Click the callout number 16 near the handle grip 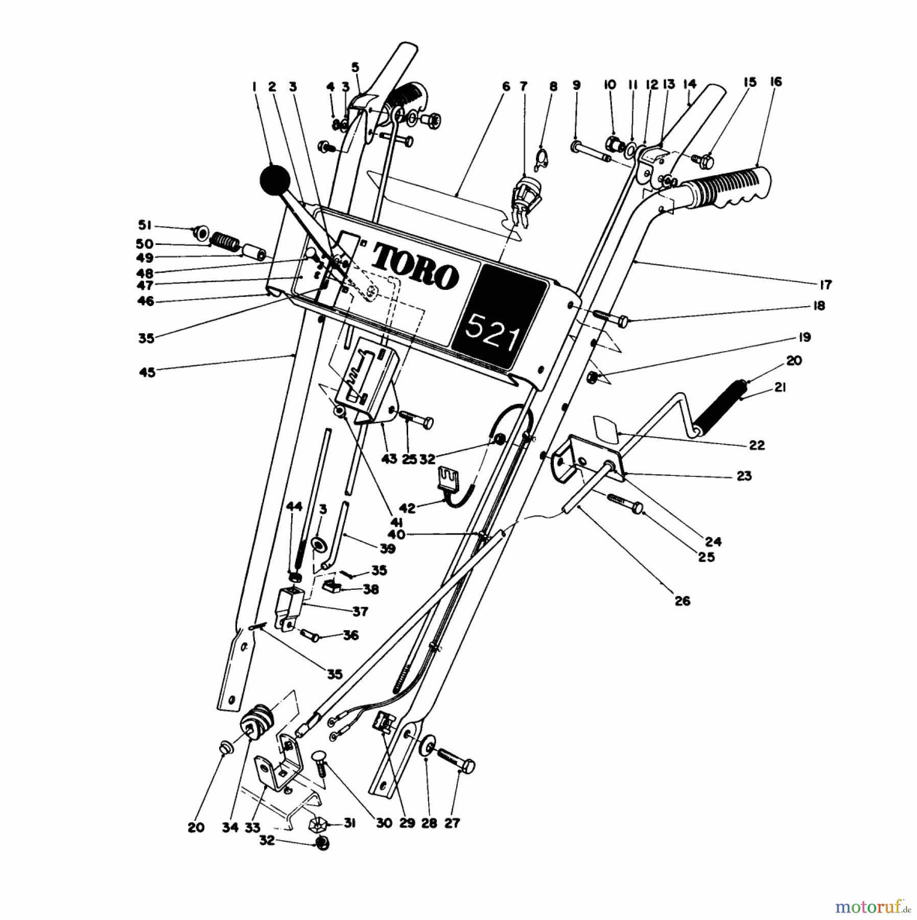pos(775,82)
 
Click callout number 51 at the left pos(145,225)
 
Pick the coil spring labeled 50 pos(225,241)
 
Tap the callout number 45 pos(147,372)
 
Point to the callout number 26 pos(683,601)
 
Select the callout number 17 pos(826,285)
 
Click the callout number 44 pos(294,507)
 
